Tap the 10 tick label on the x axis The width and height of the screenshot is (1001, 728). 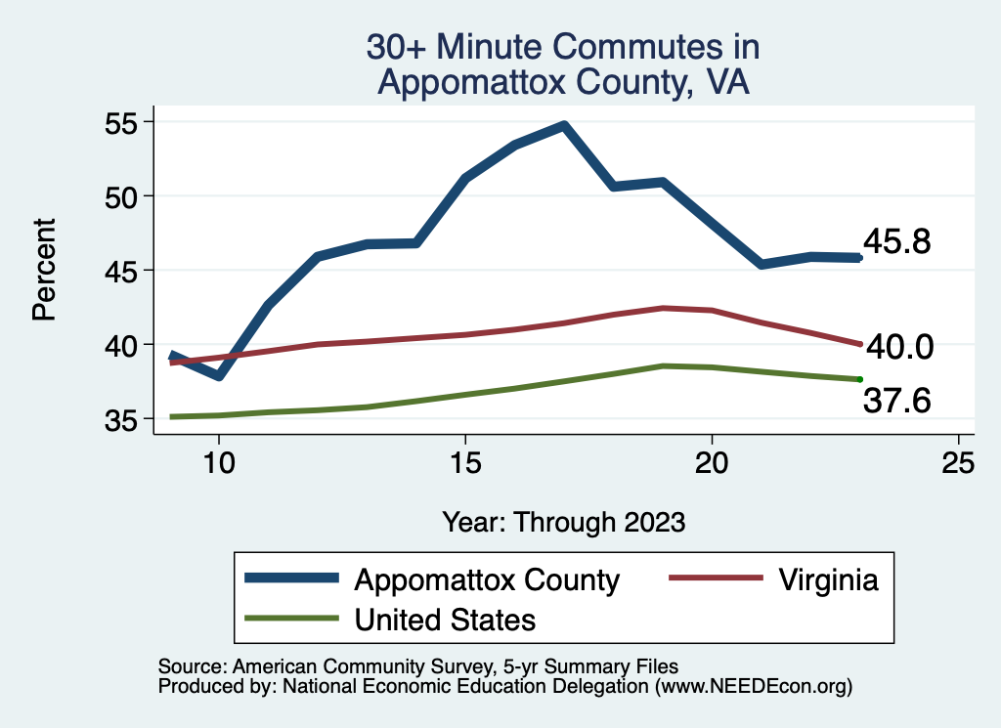[x=219, y=463]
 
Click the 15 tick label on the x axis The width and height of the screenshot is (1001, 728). [x=465, y=463]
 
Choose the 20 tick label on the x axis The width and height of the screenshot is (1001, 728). [x=712, y=463]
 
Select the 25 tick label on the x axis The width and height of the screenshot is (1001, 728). [x=958, y=463]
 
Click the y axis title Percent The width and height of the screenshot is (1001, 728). [x=43, y=271]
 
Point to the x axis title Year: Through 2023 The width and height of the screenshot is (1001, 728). [x=563, y=521]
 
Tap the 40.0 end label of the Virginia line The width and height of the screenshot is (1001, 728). [x=899, y=346]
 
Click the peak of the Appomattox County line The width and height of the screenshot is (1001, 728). [x=564, y=126]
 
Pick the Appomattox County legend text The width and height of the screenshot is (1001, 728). [x=487, y=579]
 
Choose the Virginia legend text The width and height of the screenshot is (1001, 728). [x=829, y=579]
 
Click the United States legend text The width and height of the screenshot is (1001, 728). [x=445, y=619]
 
